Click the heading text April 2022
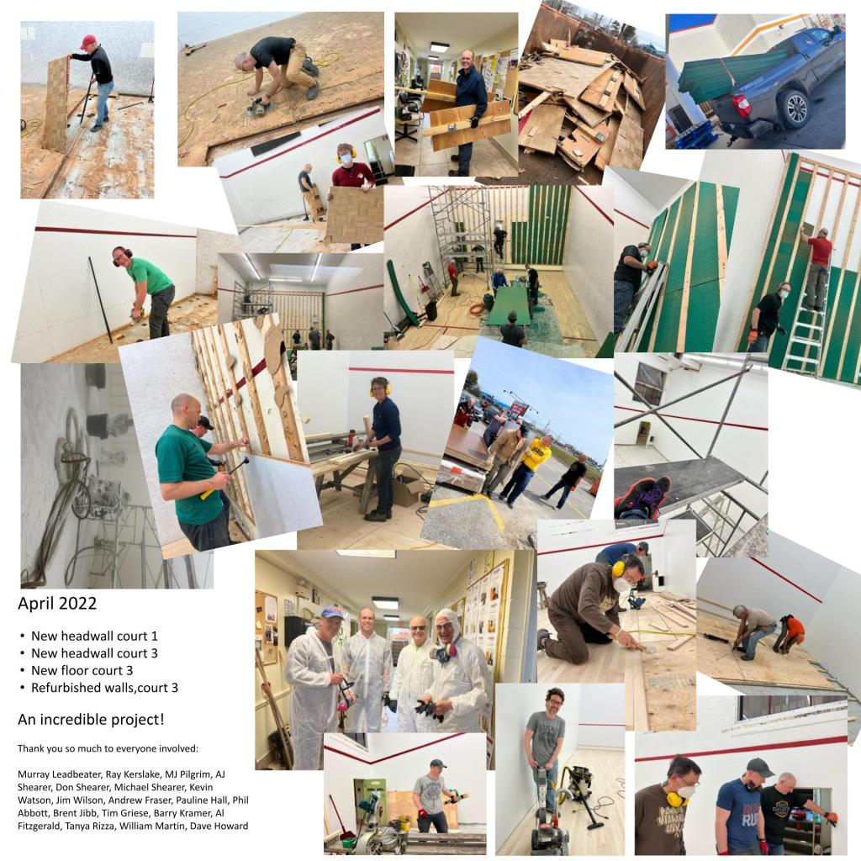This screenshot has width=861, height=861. coord(57,604)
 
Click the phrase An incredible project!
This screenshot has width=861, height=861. coord(91,720)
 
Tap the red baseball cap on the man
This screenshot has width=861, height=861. coord(87,41)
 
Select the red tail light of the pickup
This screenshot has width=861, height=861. coord(741,105)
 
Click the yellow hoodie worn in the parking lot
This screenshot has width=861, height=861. coord(536,455)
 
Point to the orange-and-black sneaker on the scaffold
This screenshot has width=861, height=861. coord(643,498)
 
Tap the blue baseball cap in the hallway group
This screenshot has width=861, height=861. coord(331,612)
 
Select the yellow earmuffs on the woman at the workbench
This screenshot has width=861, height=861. coord(380,388)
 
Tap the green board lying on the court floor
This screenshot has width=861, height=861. coord(509,306)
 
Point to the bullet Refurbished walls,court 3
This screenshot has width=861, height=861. coord(104,688)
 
